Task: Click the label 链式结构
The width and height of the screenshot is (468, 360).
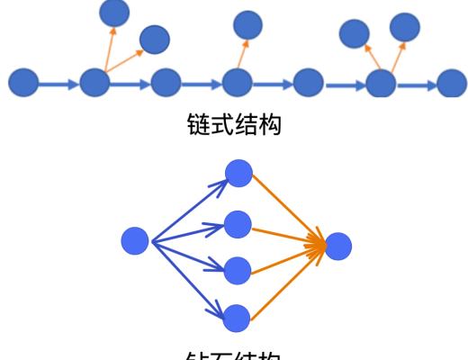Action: [x=233, y=125]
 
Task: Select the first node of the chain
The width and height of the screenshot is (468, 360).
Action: [x=23, y=84]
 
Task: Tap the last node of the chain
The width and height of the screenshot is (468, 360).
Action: [x=451, y=84]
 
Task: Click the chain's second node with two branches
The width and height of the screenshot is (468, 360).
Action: [x=94, y=84]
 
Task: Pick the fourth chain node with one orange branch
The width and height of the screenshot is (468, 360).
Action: [x=237, y=84]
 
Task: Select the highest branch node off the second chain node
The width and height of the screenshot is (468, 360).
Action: [x=114, y=11]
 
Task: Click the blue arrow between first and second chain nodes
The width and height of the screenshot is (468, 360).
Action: [x=58, y=84]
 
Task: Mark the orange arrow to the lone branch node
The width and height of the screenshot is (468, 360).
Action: [x=242, y=54]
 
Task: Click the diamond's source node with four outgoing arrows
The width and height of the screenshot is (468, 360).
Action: [x=135, y=240]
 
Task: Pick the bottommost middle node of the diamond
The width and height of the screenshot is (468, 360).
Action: [x=237, y=316]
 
